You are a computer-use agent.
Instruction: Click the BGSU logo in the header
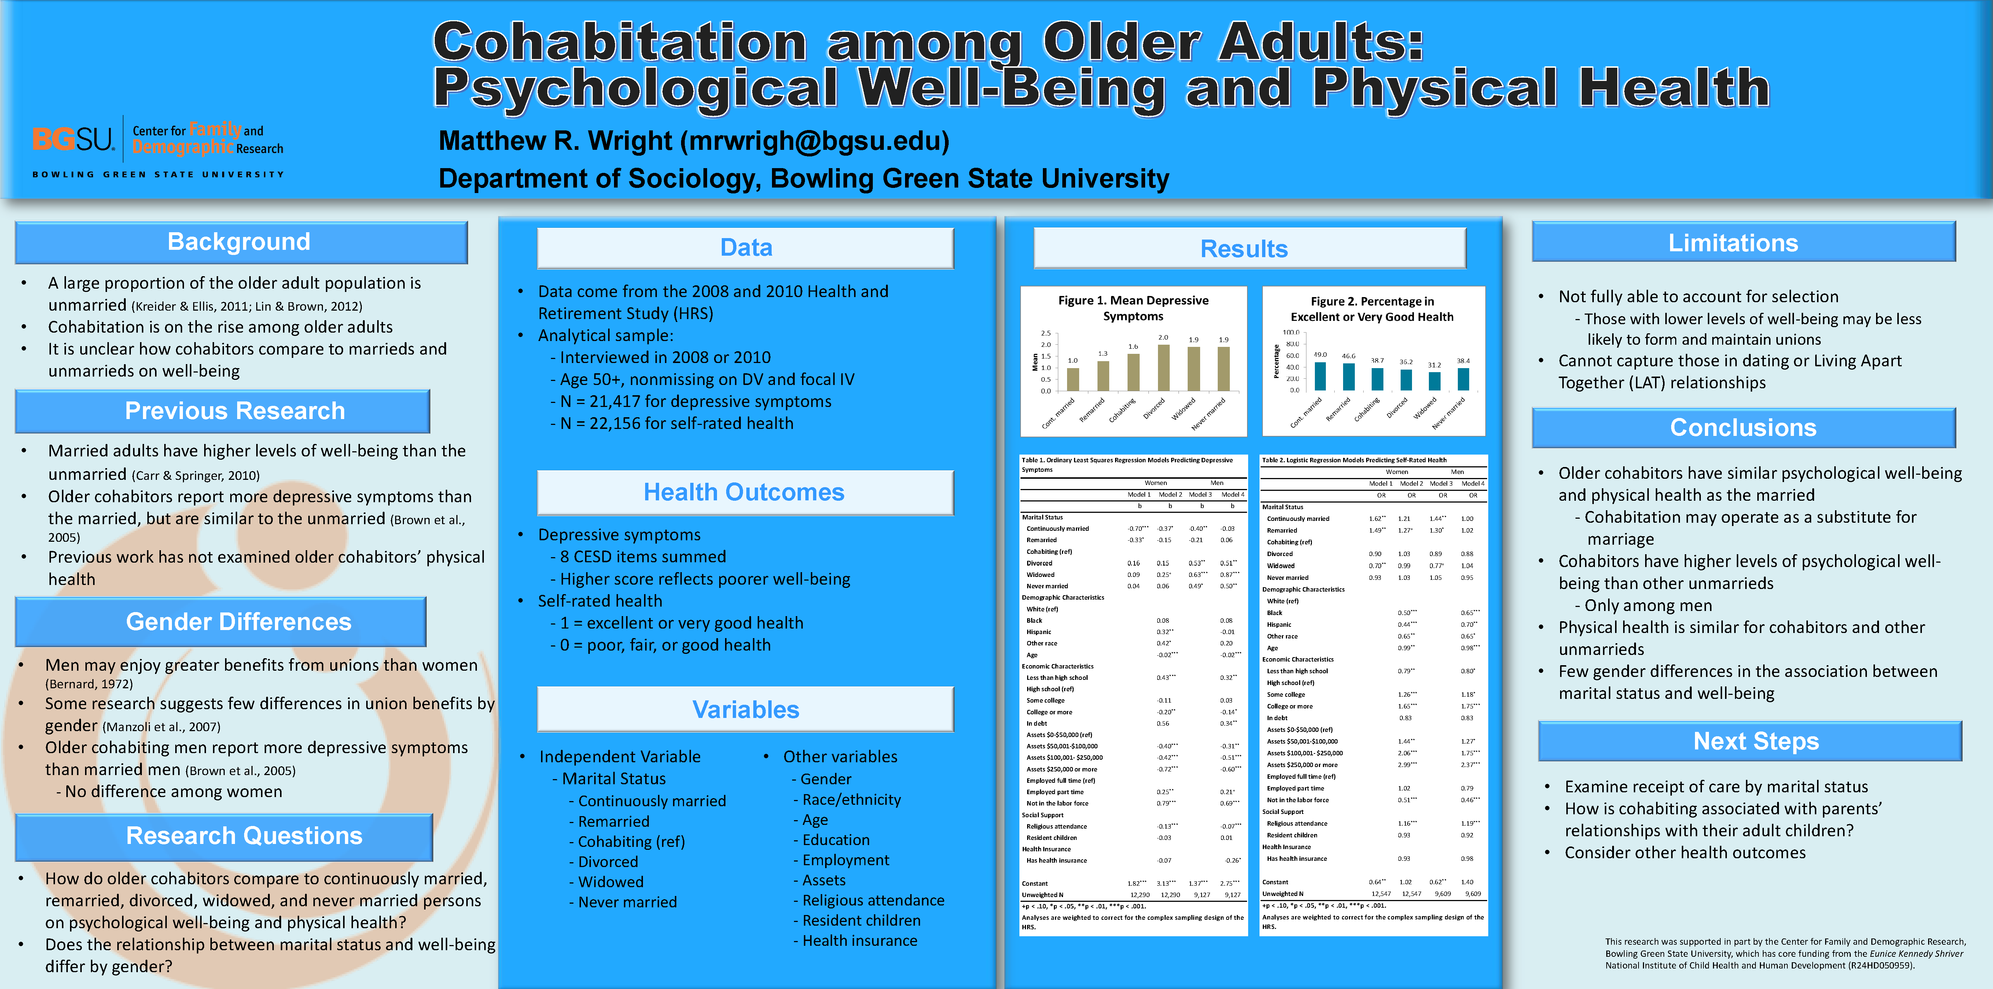coord(74,139)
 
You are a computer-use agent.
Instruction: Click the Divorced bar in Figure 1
coord(1163,368)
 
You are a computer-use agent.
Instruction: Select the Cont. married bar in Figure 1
coord(1073,379)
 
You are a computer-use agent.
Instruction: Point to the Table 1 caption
coord(1126,464)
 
